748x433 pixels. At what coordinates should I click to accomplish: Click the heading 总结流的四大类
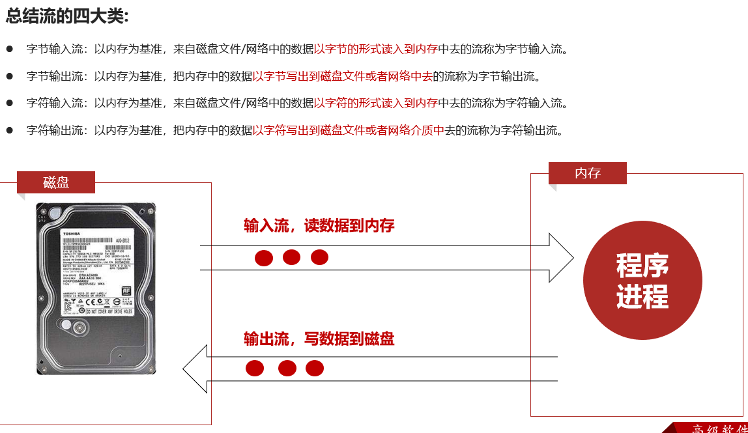pos(67,16)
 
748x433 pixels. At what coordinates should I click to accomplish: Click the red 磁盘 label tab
pos(56,182)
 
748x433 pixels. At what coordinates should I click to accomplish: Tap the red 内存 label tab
pos(587,173)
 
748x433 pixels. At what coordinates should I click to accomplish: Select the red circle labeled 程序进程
pos(642,281)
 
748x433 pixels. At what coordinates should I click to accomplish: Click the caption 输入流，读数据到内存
pos(319,226)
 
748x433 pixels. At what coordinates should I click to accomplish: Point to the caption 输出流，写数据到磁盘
pos(319,339)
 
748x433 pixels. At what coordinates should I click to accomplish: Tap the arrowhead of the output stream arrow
pos(195,369)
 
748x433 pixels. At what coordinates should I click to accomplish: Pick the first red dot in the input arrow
pos(263,258)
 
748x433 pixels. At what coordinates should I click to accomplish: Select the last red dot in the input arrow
pos(319,257)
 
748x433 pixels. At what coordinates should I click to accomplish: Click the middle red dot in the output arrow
pos(287,369)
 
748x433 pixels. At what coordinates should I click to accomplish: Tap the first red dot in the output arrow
pos(255,369)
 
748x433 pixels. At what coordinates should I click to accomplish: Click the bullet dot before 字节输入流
pos(10,49)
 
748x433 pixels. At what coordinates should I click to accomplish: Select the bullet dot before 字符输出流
pos(10,130)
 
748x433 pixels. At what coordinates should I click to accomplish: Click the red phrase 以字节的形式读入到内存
pos(376,49)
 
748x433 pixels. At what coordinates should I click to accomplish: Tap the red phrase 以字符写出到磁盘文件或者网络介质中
pos(349,130)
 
